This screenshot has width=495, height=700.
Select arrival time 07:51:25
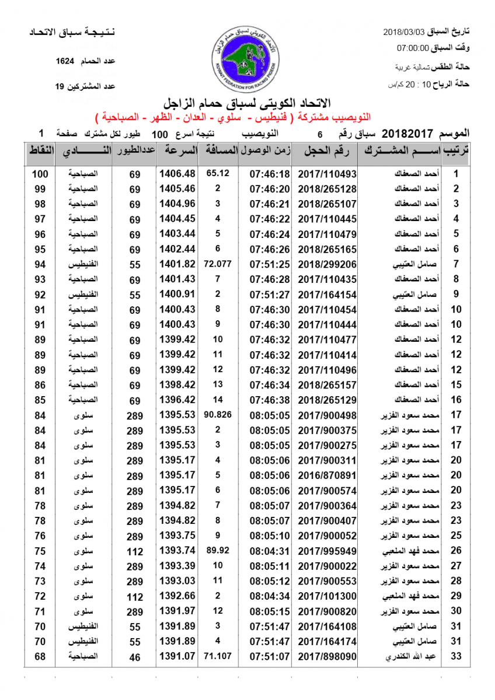click(x=269, y=264)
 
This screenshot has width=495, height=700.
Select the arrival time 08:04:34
click(x=269, y=596)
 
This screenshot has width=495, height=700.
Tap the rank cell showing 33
click(x=456, y=657)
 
